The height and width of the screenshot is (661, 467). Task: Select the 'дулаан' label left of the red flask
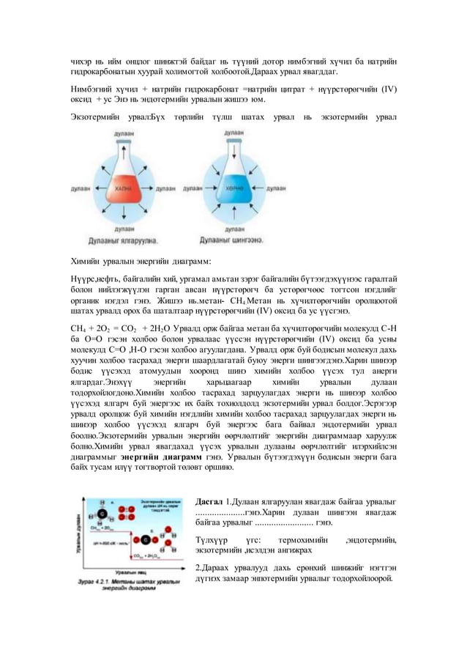point(80,188)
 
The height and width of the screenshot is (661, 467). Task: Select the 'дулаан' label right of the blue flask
point(276,188)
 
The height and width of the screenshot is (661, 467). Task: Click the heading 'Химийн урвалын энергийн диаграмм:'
point(141,260)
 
